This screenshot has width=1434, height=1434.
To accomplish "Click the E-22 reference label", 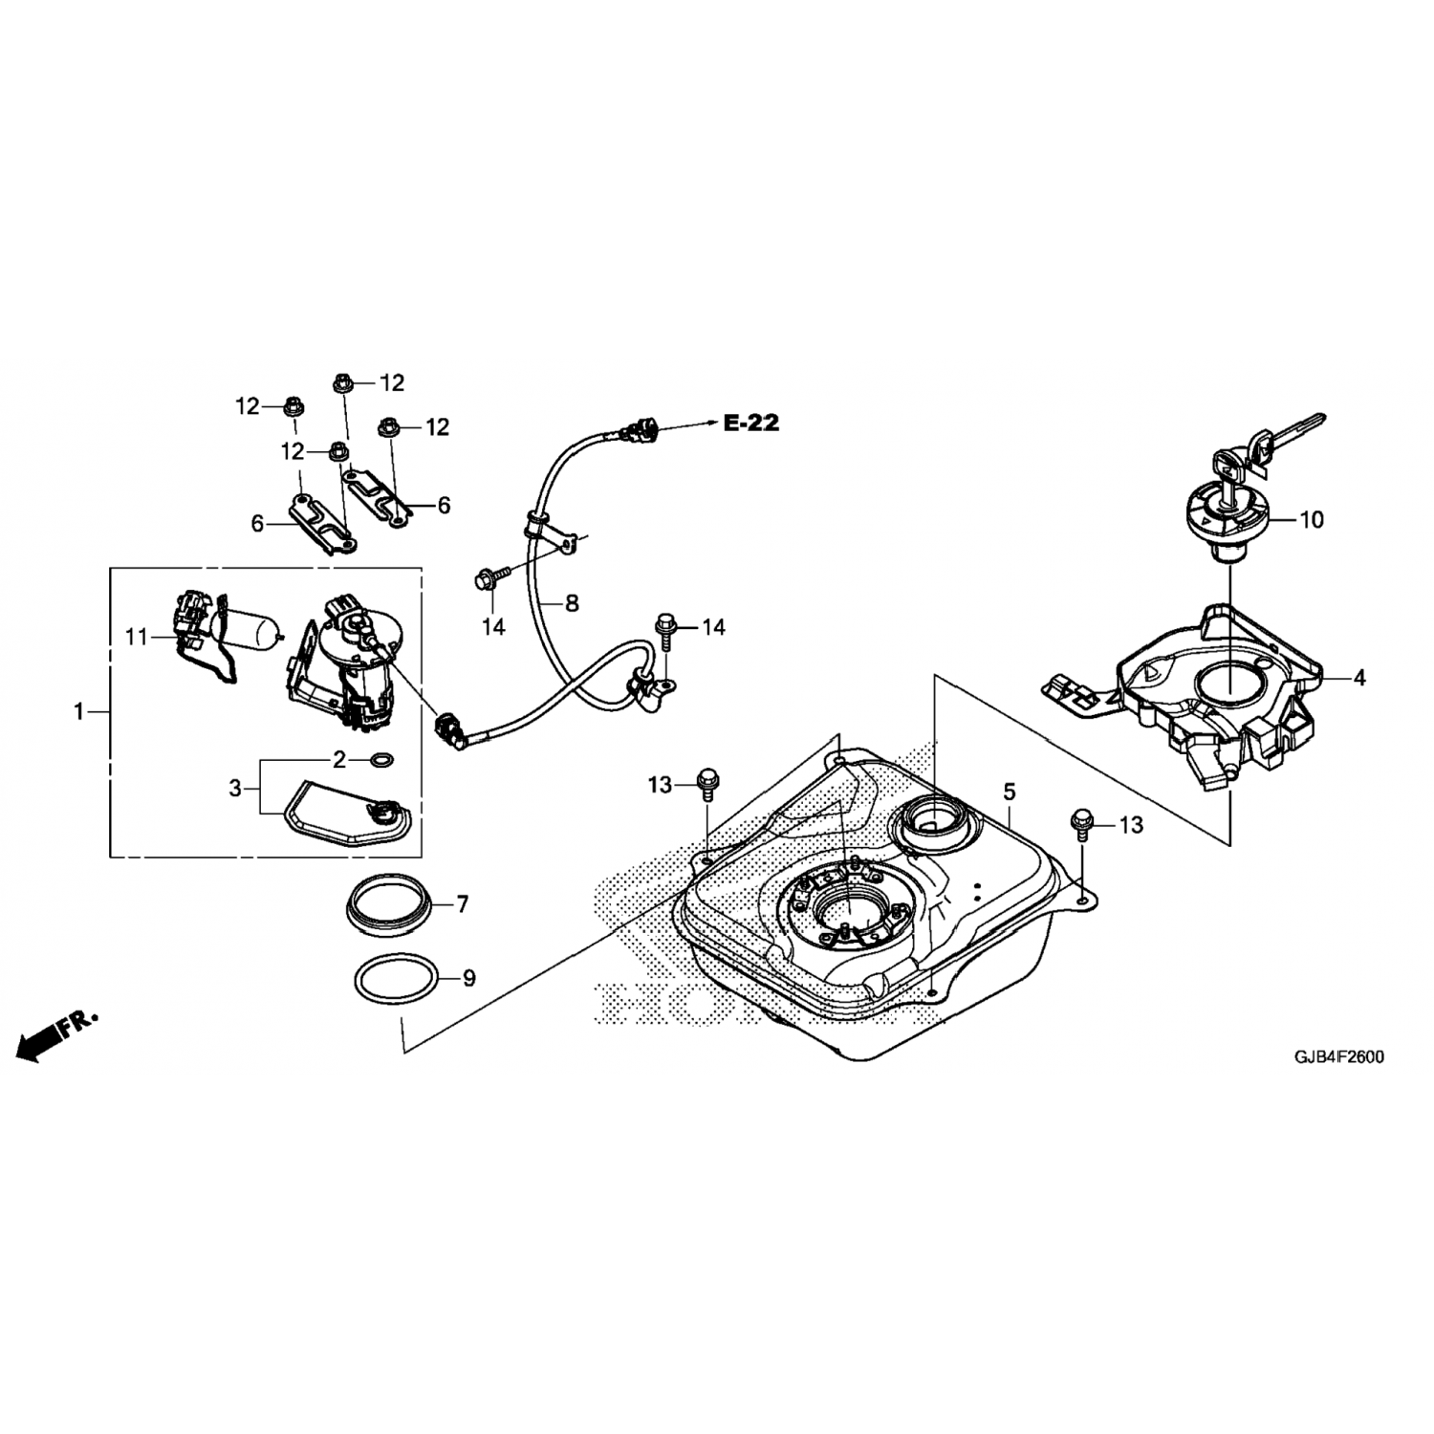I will click(x=750, y=423).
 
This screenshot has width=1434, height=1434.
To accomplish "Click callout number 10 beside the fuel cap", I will click(x=1312, y=520).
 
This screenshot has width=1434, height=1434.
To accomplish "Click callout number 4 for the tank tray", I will click(x=1358, y=678).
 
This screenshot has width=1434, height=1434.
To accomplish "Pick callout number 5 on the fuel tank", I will click(x=1009, y=792).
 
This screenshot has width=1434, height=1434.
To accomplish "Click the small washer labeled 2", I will click(x=381, y=761).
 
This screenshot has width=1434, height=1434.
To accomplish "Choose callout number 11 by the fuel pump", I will click(x=137, y=635).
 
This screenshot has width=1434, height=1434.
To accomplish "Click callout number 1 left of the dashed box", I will click(x=79, y=711).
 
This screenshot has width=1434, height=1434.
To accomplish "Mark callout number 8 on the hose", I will click(x=572, y=603).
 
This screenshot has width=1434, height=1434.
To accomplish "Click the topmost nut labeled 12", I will click(x=340, y=383).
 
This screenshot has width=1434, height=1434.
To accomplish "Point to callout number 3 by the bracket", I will click(x=235, y=789).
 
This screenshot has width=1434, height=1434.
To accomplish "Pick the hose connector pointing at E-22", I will click(x=639, y=433).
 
